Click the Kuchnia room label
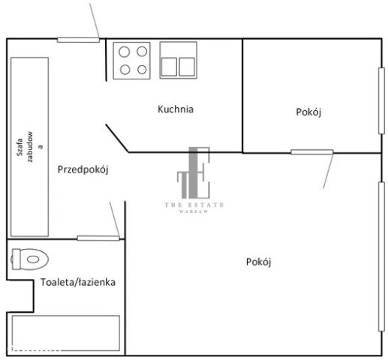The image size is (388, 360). [x=176, y=109]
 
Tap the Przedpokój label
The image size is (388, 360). [x=83, y=169]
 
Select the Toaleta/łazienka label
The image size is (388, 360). [x=78, y=283]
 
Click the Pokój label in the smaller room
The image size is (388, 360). [x=308, y=112]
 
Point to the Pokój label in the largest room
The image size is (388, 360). [x=257, y=262]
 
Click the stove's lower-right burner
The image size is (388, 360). [x=141, y=69]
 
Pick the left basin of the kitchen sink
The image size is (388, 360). [x=169, y=67]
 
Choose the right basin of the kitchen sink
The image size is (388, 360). [x=186, y=67]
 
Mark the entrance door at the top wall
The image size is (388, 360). [x=79, y=39]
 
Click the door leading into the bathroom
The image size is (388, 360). [x=98, y=238]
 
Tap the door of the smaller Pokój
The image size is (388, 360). [x=312, y=152]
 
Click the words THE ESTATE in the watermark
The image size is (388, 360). [x=194, y=205]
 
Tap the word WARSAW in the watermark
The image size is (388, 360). [x=194, y=212]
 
